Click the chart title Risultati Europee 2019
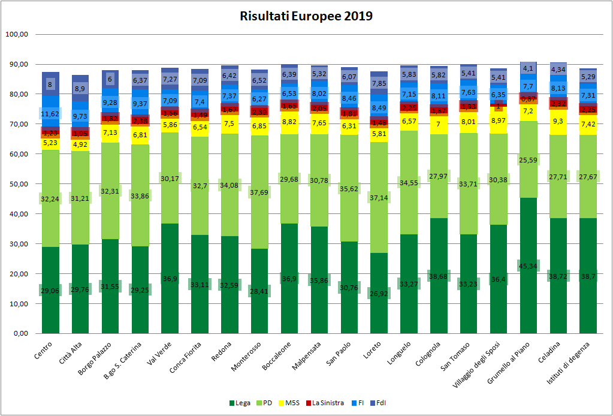[x=306, y=16]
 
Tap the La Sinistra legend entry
[x=328, y=403]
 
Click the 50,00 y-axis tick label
[x=18, y=184]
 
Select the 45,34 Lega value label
[x=529, y=266]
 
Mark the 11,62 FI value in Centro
[x=50, y=114]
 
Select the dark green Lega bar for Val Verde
[x=170, y=282]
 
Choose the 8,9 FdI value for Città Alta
[x=80, y=88]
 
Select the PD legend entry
[x=266, y=403]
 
